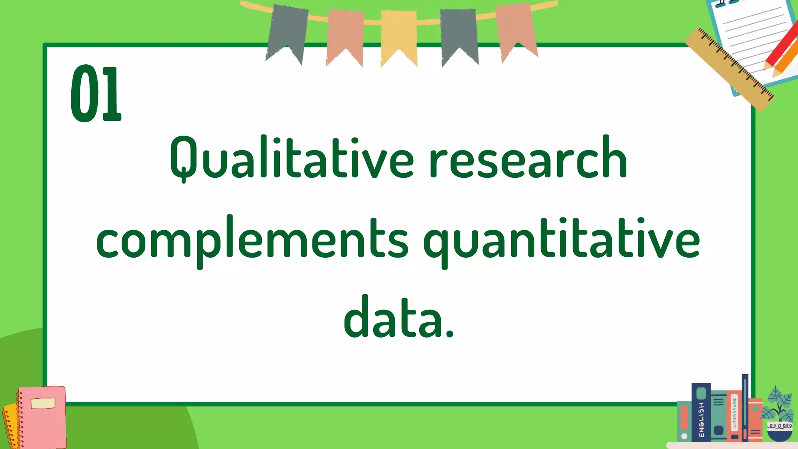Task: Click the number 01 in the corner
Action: pos(96,94)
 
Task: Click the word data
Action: pos(398,318)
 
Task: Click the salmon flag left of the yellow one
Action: pos(345,35)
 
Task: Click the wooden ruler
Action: pos(729,69)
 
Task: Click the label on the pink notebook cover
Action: pos(43,403)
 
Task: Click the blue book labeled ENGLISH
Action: pos(701,413)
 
